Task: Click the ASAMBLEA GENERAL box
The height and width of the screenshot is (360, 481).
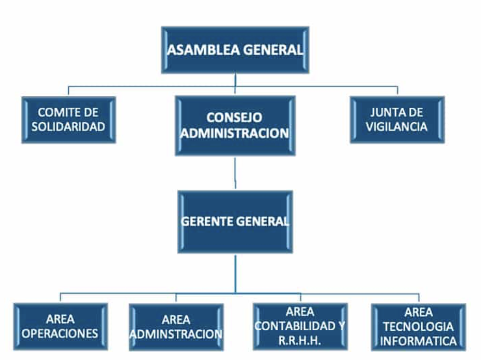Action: click(x=235, y=49)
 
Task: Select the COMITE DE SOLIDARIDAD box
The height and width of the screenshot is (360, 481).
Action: click(x=68, y=120)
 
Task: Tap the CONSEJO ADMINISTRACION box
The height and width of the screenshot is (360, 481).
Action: click(x=235, y=125)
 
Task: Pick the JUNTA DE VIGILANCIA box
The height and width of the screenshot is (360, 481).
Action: click(x=398, y=120)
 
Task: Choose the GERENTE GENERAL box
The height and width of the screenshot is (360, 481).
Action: click(x=235, y=221)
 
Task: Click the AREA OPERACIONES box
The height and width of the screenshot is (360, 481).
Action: click(x=60, y=327)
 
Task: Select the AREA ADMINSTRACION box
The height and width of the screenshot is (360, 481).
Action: click(x=176, y=327)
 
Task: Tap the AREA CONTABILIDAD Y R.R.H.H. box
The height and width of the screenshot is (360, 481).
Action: click(x=300, y=326)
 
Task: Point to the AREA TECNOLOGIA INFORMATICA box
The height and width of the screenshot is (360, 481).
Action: click(x=419, y=327)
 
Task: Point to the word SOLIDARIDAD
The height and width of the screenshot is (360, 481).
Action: click(x=68, y=127)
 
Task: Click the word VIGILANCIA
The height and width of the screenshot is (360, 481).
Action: click(x=398, y=127)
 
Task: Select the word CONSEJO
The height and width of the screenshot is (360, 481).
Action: click(x=235, y=118)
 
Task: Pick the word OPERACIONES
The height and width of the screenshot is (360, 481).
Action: click(x=60, y=334)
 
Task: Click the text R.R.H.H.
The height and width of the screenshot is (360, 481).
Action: click(x=300, y=339)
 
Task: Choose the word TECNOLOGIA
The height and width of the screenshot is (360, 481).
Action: click(x=419, y=327)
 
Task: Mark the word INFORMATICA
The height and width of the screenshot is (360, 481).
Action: click(x=419, y=341)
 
